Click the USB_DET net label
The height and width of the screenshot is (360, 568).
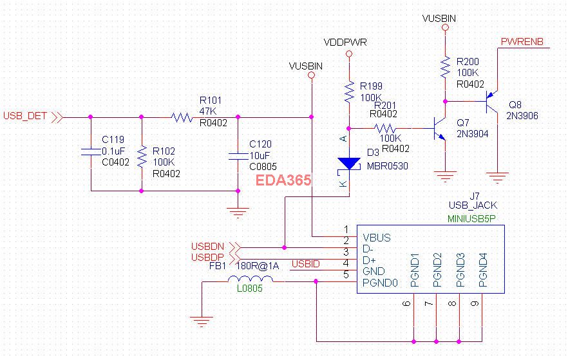[x=25, y=117]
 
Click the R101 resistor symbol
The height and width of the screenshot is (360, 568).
[x=182, y=117]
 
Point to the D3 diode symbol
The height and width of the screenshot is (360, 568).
[x=349, y=164]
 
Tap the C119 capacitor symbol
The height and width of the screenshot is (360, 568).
[x=90, y=153]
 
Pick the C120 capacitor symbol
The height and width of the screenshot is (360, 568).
[x=238, y=155]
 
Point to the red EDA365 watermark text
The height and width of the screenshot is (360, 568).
[x=284, y=181]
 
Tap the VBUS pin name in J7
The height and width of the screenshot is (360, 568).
[x=377, y=238]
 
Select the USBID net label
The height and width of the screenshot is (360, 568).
[x=306, y=263]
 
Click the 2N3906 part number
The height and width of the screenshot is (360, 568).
[x=522, y=116]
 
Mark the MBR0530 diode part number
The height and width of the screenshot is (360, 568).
[x=388, y=166]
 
